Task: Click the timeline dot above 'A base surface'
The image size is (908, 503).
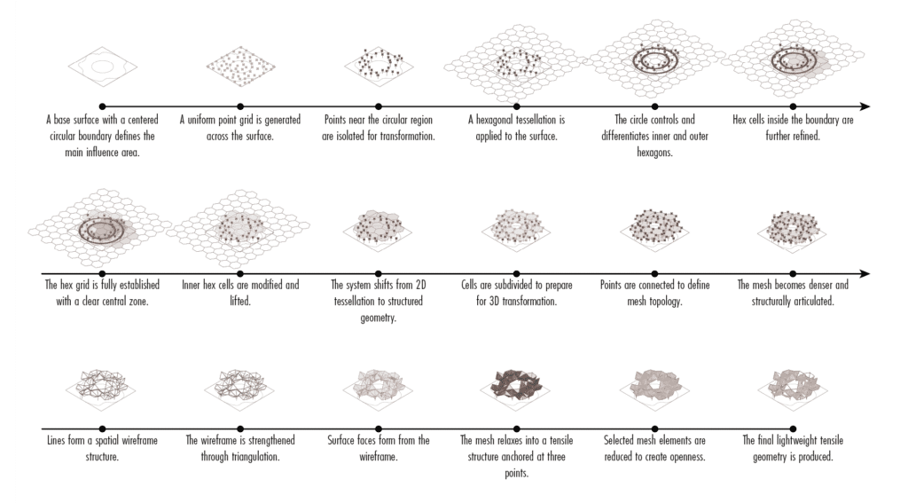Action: (x=102, y=106)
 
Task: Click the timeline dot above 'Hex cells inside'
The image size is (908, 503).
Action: (x=793, y=106)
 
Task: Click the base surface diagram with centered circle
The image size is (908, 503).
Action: (x=102, y=67)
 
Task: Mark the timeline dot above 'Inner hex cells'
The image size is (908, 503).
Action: (x=240, y=273)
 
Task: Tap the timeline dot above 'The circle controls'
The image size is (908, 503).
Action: (x=654, y=106)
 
